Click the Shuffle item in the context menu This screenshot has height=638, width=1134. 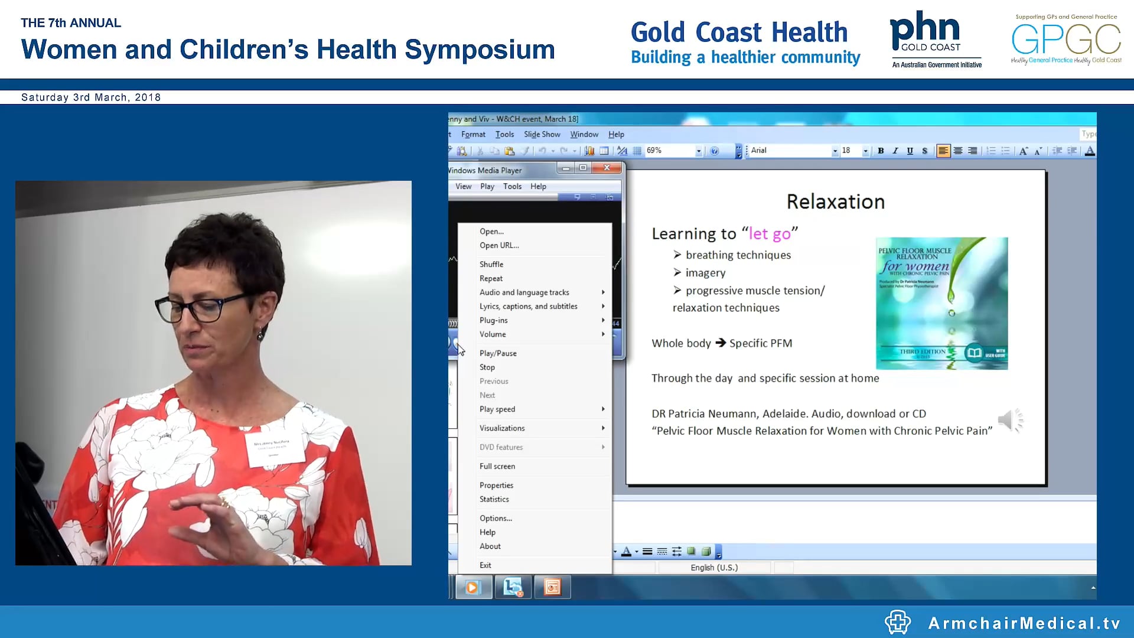[x=491, y=264]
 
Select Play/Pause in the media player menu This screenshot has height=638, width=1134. [x=498, y=353]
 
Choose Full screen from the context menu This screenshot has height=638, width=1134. [x=497, y=466]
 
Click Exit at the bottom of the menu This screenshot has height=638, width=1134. [x=485, y=565]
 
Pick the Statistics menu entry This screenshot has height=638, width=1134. [x=494, y=499]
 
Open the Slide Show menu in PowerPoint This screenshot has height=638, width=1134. [x=542, y=135]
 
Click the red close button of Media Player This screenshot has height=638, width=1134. [x=607, y=168]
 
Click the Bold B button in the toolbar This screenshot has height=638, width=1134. [x=881, y=151]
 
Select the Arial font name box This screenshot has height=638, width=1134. [x=790, y=151]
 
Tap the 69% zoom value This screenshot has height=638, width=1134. [x=654, y=151]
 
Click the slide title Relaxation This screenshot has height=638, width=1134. [x=835, y=202]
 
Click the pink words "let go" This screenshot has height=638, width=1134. [x=770, y=234]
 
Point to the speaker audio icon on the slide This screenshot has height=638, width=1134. [x=1009, y=420]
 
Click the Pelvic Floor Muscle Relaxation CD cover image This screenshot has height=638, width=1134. [x=941, y=303]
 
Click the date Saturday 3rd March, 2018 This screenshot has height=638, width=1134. [x=91, y=97]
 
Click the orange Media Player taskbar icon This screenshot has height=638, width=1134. [x=472, y=587]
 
